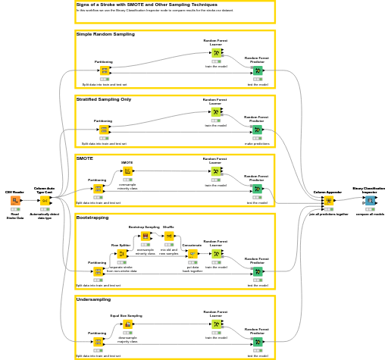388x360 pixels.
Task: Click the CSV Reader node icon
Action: pyautogui.click(x=15, y=201)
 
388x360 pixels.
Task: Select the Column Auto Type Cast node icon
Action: pyautogui.click(x=45, y=201)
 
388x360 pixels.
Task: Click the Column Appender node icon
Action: pyautogui.click(x=328, y=201)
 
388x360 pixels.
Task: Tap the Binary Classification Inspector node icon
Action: pyautogui.click(x=369, y=201)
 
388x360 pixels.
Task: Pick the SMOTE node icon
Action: pyautogui.click(x=127, y=171)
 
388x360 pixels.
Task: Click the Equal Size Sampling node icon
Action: pyautogui.click(x=127, y=324)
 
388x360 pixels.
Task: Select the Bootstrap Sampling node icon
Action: pyautogui.click(x=145, y=236)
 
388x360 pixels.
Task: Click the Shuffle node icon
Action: pyautogui.click(x=168, y=236)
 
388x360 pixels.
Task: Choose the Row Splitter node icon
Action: pyautogui.click(x=121, y=254)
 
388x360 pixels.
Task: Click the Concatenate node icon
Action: pyautogui.click(x=192, y=254)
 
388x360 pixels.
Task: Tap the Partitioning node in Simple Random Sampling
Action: pyautogui.click(x=104, y=70)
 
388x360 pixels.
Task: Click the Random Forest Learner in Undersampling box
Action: pyautogui.click(x=216, y=324)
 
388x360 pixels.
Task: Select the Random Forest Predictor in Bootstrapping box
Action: pyautogui.click(x=257, y=271)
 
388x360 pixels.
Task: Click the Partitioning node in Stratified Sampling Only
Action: pyautogui.click(x=103, y=130)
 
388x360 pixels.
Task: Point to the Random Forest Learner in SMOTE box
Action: pyautogui.click(x=216, y=171)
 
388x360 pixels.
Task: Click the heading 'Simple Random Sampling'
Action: pyautogui.click(x=105, y=34)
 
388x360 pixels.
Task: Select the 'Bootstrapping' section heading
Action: pyautogui.click(x=92, y=218)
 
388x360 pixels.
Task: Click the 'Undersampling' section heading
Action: pyautogui.click(x=93, y=299)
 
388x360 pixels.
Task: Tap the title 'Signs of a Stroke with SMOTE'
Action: pyautogui.click(x=136, y=5)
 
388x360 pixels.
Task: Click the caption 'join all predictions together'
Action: pyautogui.click(x=328, y=214)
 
